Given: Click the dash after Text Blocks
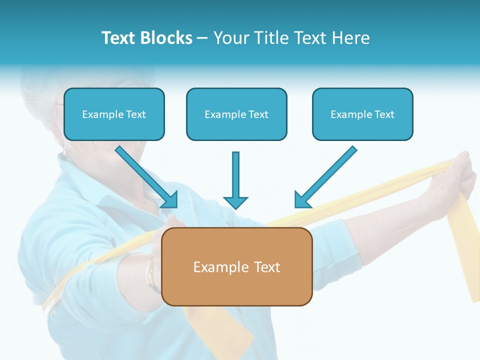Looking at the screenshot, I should pos(202,38).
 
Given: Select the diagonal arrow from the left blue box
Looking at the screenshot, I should pos(146,176).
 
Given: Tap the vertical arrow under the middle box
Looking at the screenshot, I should pos(235,175).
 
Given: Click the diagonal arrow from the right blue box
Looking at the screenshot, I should pos(326,176).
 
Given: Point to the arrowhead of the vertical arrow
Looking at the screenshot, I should pos(235,202).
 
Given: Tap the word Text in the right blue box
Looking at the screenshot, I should pos(384,114).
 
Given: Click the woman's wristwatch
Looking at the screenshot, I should pos(150,272).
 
